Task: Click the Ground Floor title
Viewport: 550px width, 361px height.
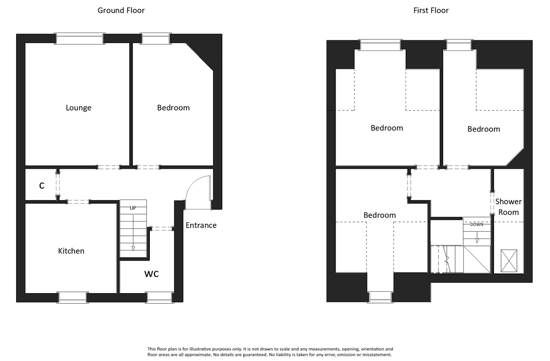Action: coord(121,10)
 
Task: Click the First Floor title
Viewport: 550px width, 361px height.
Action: coord(430,10)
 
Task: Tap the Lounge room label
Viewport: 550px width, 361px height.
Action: coord(78,108)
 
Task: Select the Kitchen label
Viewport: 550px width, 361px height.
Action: coord(71,251)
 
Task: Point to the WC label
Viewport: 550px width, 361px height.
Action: coord(152,274)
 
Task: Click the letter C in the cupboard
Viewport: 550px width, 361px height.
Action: coord(42,186)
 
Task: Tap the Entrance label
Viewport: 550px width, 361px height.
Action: coord(201,225)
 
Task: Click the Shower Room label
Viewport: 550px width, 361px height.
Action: coord(508,207)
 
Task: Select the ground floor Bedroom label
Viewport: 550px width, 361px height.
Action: coord(173,108)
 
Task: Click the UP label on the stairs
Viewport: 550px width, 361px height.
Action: coord(133,208)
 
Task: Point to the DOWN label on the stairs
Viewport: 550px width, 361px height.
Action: coord(477,225)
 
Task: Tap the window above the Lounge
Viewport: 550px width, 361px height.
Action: coord(79,39)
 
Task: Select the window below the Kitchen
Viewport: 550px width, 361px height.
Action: coord(73,297)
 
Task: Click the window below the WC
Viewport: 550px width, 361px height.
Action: coord(159,297)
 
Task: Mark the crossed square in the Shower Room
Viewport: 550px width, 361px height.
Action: coord(509,261)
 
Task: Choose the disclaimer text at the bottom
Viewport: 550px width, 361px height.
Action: coord(269,352)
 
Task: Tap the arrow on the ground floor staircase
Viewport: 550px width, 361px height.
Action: coord(133,234)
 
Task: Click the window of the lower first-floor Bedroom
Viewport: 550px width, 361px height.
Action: coord(380,297)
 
